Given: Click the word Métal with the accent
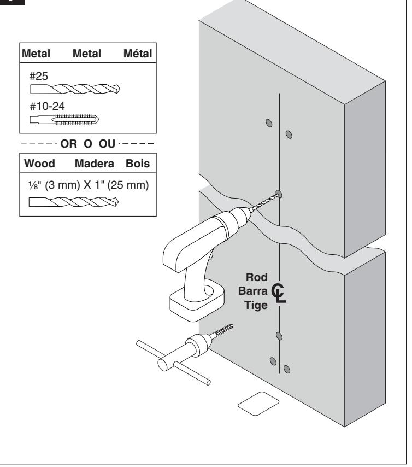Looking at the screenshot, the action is pos(138,54).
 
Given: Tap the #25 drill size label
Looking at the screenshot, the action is pos(39,76).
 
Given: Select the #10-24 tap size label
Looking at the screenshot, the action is pos(47,106).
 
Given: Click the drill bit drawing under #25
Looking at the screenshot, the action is pos(75,89).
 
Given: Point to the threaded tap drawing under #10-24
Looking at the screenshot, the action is pos(64,120).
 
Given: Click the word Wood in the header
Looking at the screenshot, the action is pos(39,164).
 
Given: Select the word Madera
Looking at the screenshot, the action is pos(95,164).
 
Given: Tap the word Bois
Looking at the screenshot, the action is pos(138,164).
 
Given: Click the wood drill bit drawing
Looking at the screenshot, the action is pos(74,202).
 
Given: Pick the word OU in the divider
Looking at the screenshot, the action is pos(107,144).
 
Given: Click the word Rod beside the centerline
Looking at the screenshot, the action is pos(257,277).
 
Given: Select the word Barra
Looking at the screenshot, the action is pos(253,291).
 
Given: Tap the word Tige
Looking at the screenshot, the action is pos(256,305).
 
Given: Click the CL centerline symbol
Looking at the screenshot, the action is pos(279,293).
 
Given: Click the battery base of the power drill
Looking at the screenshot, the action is pos(197,301).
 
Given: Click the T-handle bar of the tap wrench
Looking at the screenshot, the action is pos(173,363).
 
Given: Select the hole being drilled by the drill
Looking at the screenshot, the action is pos(279,194).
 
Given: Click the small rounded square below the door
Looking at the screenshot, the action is pos(258,403).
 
